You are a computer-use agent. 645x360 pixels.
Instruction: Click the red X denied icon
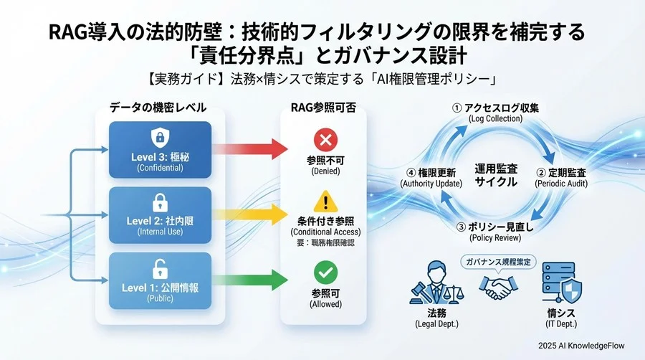(325, 139)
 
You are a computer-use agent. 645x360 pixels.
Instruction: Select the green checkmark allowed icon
(325, 271)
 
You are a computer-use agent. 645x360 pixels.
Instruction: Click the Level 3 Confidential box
(160, 150)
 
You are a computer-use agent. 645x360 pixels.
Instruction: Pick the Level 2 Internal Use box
(160, 216)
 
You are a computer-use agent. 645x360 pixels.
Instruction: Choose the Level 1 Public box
(160, 282)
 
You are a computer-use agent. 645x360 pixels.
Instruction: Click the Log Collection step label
(495, 112)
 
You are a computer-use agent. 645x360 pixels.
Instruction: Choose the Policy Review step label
(495, 232)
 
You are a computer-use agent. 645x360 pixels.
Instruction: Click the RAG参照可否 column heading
(325, 108)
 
